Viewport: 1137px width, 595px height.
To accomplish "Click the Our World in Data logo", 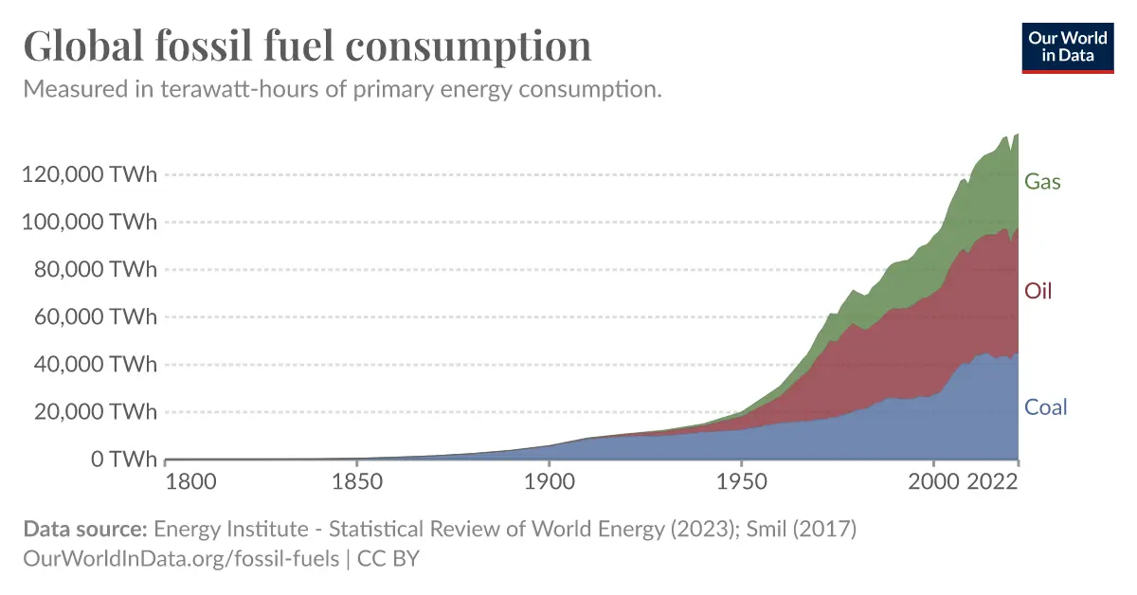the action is pyautogui.click(x=1068, y=47).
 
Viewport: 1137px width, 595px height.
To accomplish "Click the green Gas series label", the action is pyautogui.click(x=1042, y=181).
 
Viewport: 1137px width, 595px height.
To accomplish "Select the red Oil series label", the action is pyautogui.click(x=1038, y=291).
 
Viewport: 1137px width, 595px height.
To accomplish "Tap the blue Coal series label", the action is pyautogui.click(x=1046, y=407).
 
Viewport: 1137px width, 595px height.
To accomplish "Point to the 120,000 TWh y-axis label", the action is pyautogui.click(x=89, y=174).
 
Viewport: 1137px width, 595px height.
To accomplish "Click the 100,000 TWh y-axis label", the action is pyautogui.click(x=89, y=222).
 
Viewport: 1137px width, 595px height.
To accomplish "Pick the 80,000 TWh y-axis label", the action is pyautogui.click(x=96, y=269).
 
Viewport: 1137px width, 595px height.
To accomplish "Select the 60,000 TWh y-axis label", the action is pyautogui.click(x=96, y=316).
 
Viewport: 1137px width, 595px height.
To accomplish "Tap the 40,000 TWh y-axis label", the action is pyautogui.click(x=96, y=364).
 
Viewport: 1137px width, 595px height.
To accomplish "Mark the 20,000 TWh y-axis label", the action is pyautogui.click(x=96, y=411).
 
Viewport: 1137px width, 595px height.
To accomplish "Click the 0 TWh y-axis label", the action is pyautogui.click(x=124, y=459).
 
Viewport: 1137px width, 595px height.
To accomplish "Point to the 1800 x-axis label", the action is pyautogui.click(x=190, y=481).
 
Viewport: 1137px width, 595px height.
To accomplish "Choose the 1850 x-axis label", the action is pyautogui.click(x=357, y=481).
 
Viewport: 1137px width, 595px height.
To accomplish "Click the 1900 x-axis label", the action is pyautogui.click(x=550, y=481).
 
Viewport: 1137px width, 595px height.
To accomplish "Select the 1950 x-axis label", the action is pyautogui.click(x=741, y=481).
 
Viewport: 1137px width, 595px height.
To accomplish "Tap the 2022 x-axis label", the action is pyautogui.click(x=992, y=481).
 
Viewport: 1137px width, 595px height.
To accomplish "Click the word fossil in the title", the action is pyautogui.click(x=204, y=45).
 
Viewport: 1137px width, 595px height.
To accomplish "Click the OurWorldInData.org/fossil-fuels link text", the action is pyautogui.click(x=181, y=559).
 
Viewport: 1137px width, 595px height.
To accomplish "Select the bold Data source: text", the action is pyautogui.click(x=85, y=529).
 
